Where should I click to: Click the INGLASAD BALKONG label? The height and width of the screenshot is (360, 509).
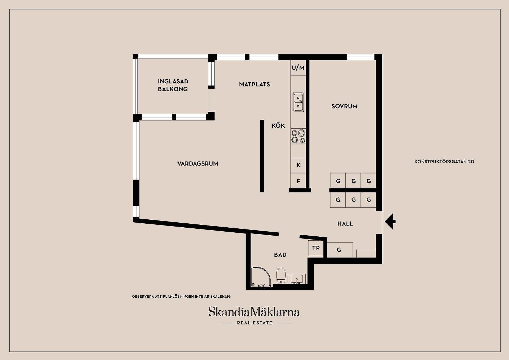(x=173, y=85)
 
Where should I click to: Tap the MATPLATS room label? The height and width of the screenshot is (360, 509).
(x=254, y=84)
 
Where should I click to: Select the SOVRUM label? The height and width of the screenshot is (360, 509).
(x=344, y=106)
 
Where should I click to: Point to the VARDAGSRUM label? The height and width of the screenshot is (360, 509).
(x=198, y=164)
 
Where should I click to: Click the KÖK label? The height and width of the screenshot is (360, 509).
(x=278, y=126)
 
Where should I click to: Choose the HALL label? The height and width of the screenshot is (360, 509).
(x=345, y=224)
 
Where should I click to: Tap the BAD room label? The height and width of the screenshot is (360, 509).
(x=280, y=255)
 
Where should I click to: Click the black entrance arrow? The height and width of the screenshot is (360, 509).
(x=390, y=222)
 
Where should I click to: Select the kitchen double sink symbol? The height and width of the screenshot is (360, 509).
(x=298, y=102)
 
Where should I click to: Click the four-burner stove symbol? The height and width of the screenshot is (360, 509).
(x=298, y=136)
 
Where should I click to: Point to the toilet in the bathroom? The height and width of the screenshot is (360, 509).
(x=281, y=276)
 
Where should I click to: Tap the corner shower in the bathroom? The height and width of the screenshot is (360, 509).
(x=260, y=277)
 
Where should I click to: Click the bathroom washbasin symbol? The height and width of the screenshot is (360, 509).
(x=297, y=279)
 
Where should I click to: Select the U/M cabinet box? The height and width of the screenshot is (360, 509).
(x=298, y=68)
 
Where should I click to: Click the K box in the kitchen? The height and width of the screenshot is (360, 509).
(x=298, y=165)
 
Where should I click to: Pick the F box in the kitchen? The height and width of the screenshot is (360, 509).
(x=298, y=181)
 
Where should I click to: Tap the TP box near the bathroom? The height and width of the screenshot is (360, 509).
(x=316, y=248)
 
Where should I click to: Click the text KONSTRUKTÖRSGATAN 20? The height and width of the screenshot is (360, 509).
(x=444, y=162)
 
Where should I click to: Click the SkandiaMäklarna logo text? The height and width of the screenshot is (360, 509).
(x=254, y=312)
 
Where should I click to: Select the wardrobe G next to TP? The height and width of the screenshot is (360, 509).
(x=339, y=250)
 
